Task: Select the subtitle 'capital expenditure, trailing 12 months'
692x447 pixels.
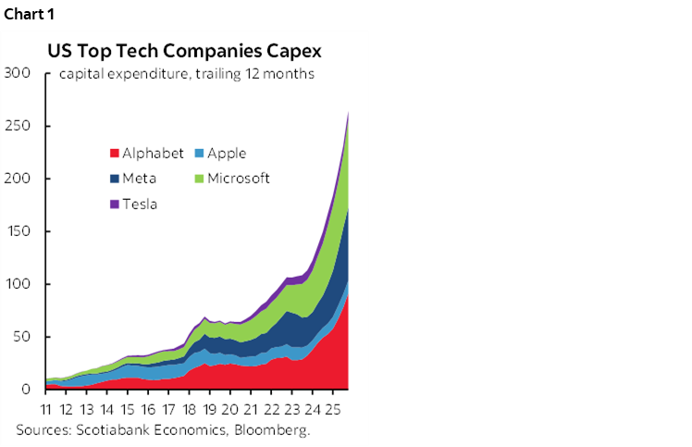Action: click(x=186, y=74)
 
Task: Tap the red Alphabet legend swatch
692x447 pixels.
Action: click(x=115, y=154)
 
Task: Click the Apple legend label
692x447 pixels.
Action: click(x=227, y=154)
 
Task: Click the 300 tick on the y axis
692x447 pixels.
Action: click(x=18, y=73)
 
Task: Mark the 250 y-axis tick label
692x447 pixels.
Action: click(x=18, y=126)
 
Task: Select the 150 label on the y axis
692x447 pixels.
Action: click(x=18, y=231)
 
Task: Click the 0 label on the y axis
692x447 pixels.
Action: click(x=27, y=390)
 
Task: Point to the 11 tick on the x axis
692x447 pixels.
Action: click(x=48, y=408)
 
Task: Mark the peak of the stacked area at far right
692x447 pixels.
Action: click(x=348, y=113)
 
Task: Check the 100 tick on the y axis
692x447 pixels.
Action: click(x=18, y=284)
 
